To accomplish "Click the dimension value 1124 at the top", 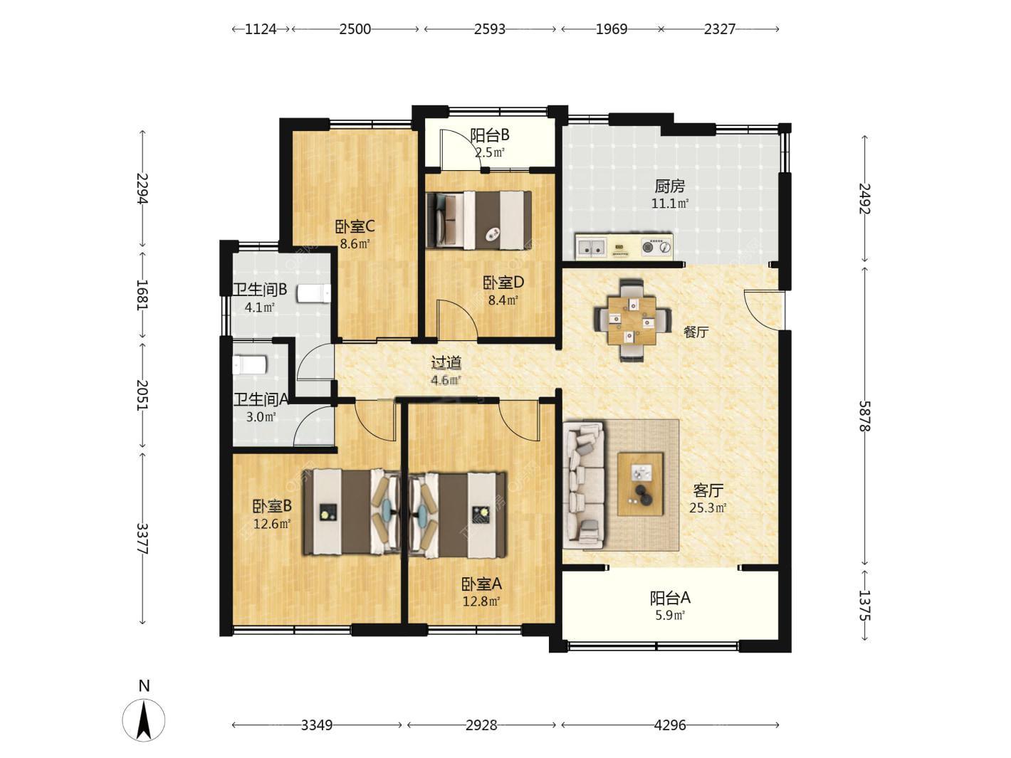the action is click(x=261, y=29).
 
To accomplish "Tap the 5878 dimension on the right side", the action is click(x=864, y=416).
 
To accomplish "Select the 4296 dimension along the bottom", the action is click(x=670, y=725).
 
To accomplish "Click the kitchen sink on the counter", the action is click(x=591, y=247).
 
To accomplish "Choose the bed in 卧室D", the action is click(x=479, y=221).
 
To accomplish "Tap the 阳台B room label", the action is click(x=490, y=135).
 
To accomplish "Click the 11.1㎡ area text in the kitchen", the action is click(x=670, y=203).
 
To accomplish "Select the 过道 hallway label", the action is click(x=446, y=363).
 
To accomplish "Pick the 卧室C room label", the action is click(x=355, y=226).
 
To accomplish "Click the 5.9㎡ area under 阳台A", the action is click(x=670, y=615).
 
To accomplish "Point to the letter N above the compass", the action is click(x=144, y=685).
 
